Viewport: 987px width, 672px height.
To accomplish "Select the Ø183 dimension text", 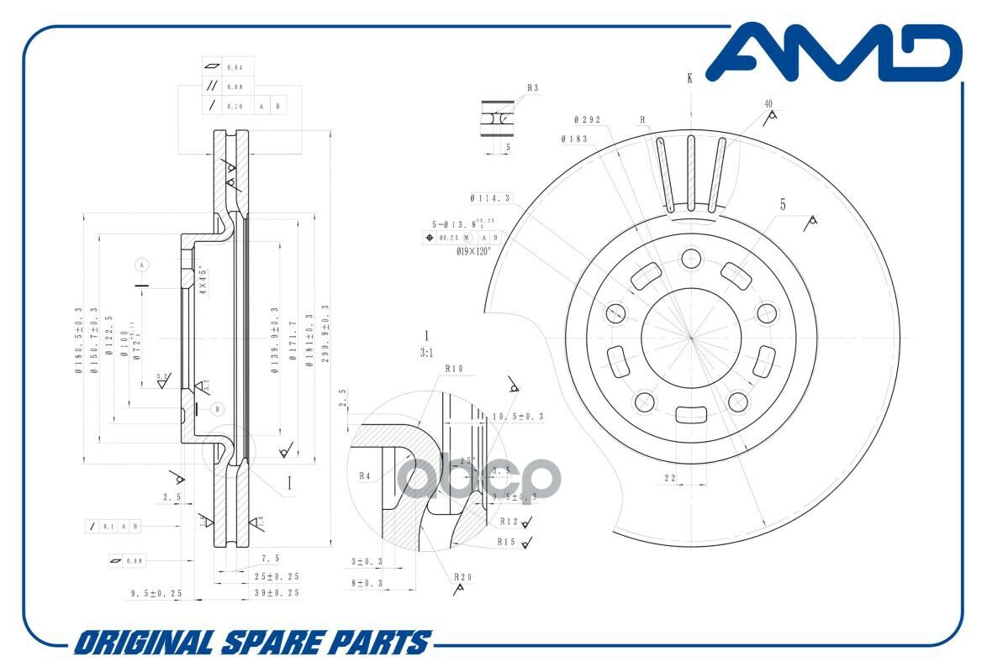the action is tap(574, 139).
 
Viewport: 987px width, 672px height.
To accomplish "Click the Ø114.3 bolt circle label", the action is tap(491, 199).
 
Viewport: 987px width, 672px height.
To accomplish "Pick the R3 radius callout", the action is tap(533, 87).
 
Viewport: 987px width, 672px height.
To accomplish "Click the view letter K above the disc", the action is tap(689, 78).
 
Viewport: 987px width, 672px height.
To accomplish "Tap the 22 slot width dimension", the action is tap(670, 477).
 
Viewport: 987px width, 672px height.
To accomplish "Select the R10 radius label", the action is tap(455, 368).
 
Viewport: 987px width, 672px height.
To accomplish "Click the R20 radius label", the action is tap(462, 577).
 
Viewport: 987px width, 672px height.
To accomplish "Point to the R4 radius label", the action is tap(365, 476).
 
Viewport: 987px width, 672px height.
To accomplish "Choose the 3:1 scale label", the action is tap(426, 354).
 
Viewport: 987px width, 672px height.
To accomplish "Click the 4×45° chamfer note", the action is tap(203, 279).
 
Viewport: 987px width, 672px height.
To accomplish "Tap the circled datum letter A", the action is tap(142, 265).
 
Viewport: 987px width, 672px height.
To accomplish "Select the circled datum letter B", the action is tap(218, 409).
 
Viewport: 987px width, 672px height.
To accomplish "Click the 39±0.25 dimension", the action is tap(277, 592).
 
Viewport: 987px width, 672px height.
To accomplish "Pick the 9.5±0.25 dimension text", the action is tap(156, 593).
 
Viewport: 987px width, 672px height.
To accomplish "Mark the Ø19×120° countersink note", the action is tap(472, 250).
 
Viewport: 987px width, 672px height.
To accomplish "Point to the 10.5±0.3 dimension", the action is tap(517, 417).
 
